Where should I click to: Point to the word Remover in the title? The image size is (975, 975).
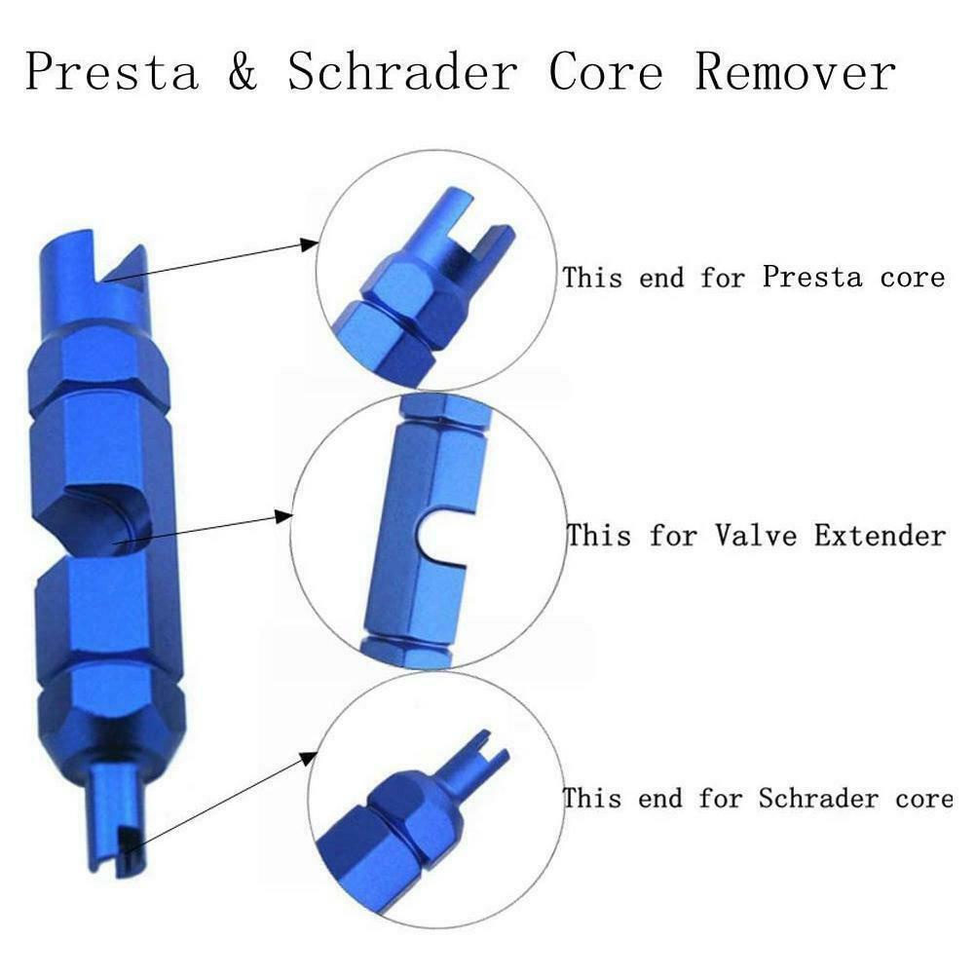(x=794, y=72)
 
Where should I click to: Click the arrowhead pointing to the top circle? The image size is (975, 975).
(x=310, y=244)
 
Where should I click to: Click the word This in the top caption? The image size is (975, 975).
(x=593, y=277)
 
